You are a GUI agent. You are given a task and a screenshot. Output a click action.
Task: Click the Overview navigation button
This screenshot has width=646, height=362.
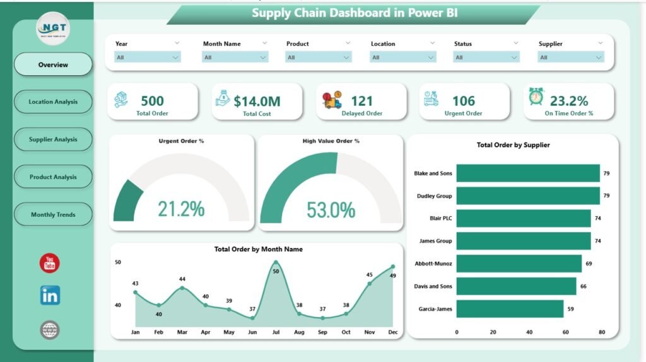pos(53,64)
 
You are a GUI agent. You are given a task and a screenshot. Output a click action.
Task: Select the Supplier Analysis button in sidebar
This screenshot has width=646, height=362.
pos(53,139)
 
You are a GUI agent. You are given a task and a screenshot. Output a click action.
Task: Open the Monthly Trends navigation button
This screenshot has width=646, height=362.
pos(53,214)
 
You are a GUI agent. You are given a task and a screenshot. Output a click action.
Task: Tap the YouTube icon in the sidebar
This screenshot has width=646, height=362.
pos(50,263)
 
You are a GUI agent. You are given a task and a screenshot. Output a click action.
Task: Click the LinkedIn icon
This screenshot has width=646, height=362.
pos(50,295)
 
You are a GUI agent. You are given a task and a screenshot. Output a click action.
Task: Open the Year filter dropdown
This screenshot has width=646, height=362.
pos(148,57)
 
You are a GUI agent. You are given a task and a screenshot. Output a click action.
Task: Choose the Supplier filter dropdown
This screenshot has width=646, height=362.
pos(571,57)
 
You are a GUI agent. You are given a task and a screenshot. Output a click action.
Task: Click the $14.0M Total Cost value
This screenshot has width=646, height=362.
pos(257,101)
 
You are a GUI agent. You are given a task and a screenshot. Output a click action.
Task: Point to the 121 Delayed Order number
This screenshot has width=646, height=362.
pos(361,101)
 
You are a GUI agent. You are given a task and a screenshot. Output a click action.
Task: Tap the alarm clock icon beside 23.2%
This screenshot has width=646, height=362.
pos(536,96)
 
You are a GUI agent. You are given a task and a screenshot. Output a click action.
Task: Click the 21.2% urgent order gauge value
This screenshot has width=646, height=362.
pos(181,209)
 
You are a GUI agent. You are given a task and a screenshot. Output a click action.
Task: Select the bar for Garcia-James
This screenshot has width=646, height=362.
pos(510,308)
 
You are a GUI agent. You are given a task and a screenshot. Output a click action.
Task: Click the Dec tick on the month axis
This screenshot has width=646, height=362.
pos(392,332)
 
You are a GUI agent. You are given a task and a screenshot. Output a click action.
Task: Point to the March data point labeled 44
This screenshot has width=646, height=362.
pos(182,288)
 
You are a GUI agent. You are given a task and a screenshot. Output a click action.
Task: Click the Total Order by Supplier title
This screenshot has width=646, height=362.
pos(513,145)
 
